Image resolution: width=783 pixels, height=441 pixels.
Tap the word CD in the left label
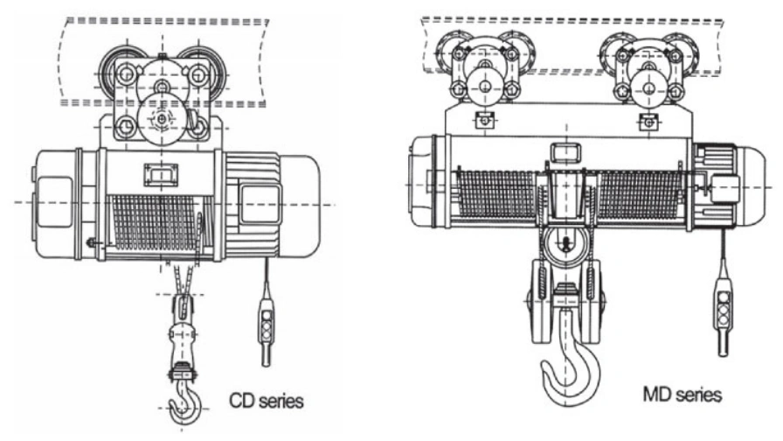[239, 401]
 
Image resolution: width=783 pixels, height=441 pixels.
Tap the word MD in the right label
[655, 395]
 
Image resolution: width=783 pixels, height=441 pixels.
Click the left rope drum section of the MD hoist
[496, 194]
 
